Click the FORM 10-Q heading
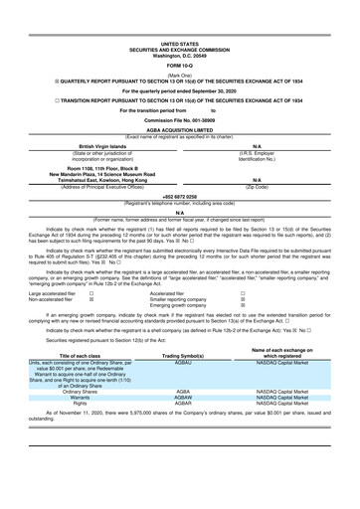coord(180,38)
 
